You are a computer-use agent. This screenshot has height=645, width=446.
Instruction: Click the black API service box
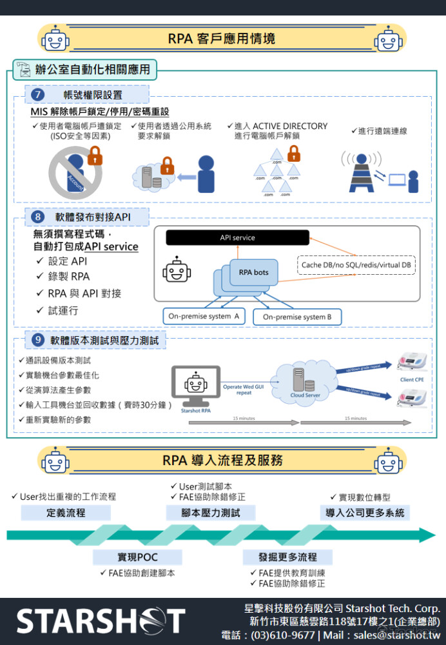pyautogui.click(x=237, y=237)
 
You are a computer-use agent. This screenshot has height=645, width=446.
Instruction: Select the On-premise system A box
pyautogui.click(x=204, y=317)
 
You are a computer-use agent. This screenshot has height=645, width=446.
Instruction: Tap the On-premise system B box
pyautogui.click(x=297, y=317)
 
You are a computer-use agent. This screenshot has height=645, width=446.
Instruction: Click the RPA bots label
pyautogui.click(x=253, y=272)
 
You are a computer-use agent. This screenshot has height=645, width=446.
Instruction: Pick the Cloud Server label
pyautogui.click(x=305, y=395)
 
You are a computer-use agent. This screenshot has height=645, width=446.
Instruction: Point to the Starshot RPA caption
pyautogui.click(x=195, y=410)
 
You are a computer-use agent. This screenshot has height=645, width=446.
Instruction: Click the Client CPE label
pyautogui.click(x=412, y=380)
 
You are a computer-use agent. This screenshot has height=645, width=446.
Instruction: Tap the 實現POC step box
pyautogui.click(x=137, y=557)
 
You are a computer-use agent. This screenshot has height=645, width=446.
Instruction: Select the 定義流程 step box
pyautogui.click(x=66, y=513)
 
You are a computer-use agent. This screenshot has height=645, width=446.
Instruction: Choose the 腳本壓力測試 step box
pyautogui.click(x=211, y=513)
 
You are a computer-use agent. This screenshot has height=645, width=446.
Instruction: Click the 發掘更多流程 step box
pyautogui.click(x=287, y=557)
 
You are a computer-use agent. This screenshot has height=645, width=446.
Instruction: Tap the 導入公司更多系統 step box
pyautogui.click(x=365, y=513)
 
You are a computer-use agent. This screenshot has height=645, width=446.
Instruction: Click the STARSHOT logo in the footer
pyautogui.click(x=100, y=620)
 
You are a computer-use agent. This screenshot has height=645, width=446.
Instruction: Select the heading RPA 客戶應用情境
pyautogui.click(x=222, y=39)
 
